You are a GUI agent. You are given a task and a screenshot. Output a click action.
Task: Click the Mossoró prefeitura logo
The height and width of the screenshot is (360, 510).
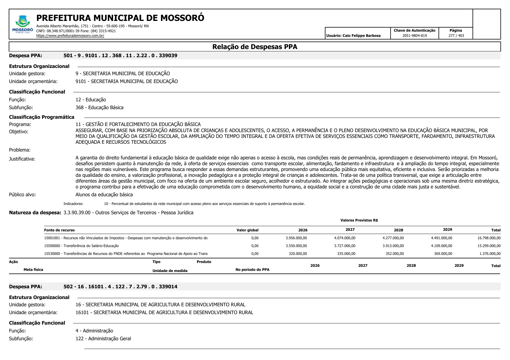[x=22, y=25]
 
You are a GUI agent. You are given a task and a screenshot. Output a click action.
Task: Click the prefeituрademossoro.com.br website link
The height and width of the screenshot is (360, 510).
[x=70, y=36]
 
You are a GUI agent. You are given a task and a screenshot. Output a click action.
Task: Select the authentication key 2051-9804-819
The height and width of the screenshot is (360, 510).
[x=414, y=36]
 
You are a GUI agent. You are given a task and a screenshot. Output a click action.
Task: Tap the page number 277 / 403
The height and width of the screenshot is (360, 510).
[x=456, y=36]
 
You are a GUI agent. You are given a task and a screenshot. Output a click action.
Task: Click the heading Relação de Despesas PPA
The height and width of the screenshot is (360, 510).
[x=255, y=47]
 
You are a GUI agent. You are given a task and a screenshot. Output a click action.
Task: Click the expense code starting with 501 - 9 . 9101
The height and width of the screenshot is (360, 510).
[x=120, y=55]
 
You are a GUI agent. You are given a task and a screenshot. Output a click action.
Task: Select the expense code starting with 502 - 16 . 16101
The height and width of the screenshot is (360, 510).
[x=120, y=287]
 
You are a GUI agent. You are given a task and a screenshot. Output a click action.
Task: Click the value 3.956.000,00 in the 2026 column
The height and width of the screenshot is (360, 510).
[x=296, y=238]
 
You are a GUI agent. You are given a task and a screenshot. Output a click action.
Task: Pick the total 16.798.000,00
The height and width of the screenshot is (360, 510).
[x=489, y=238]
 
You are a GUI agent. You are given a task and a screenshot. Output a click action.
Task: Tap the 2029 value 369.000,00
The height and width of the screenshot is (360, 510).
[x=443, y=254]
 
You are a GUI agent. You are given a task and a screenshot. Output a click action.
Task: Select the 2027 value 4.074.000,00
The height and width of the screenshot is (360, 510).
[x=345, y=238]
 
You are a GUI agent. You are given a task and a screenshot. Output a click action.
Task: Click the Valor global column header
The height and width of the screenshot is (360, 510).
[x=247, y=230]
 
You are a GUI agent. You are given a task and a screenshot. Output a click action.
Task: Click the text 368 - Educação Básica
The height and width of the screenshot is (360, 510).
[x=99, y=107]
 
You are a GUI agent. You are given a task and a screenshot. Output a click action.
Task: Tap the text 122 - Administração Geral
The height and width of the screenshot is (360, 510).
[x=103, y=339]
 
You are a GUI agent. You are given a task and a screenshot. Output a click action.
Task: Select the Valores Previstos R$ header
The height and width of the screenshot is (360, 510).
[x=359, y=220]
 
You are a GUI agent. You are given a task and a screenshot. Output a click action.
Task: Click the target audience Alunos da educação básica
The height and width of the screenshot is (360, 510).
[x=104, y=195]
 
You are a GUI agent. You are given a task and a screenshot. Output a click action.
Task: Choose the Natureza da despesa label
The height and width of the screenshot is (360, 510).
[x=35, y=213]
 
